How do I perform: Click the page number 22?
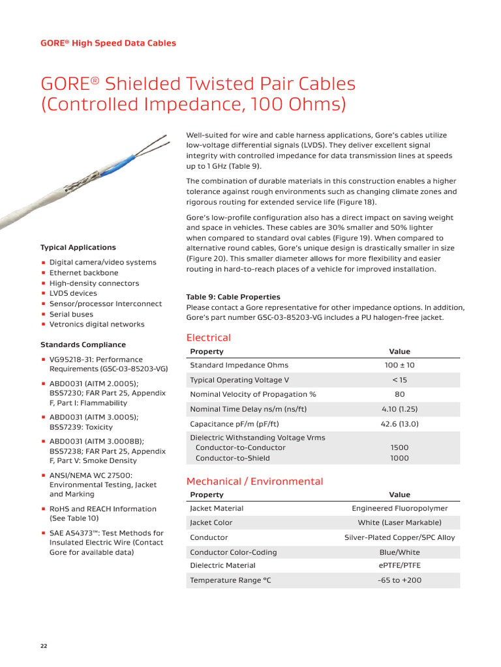pyautogui.click(x=44, y=646)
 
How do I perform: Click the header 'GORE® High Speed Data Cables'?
pyautogui.click(x=108, y=43)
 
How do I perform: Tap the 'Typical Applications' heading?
pyautogui.click(x=78, y=248)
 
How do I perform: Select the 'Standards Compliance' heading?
pyautogui.click(x=83, y=345)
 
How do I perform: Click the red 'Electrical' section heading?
pyautogui.click(x=208, y=337)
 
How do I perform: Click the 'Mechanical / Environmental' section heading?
pyautogui.click(x=254, y=481)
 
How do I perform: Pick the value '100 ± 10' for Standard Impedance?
pyautogui.click(x=399, y=365)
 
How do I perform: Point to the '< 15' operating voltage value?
pyautogui.click(x=399, y=380)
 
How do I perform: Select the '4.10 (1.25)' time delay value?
pyautogui.click(x=399, y=409)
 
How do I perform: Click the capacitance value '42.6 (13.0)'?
pyautogui.click(x=399, y=423)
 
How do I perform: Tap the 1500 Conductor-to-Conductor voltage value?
pyautogui.click(x=399, y=447)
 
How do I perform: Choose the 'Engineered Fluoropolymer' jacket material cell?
pyautogui.click(x=399, y=508)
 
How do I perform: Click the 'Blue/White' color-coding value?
pyautogui.click(x=399, y=552)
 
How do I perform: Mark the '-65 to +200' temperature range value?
pyautogui.click(x=399, y=580)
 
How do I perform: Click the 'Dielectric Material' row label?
pyautogui.click(x=222, y=565)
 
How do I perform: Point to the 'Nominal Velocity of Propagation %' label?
pyautogui.click(x=252, y=394)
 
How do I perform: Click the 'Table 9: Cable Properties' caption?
pyautogui.click(x=233, y=297)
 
